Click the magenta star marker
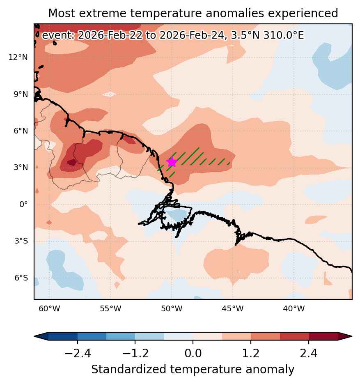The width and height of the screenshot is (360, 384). [x=172, y=162]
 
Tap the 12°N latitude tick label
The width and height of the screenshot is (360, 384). [x=18, y=57]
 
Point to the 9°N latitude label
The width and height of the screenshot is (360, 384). [x=21, y=94]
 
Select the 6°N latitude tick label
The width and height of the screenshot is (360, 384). [x=21, y=131]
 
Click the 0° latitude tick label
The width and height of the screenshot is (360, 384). [x=23, y=204]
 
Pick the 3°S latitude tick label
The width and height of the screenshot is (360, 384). [x=21, y=241]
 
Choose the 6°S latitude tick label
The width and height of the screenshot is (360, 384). [x=21, y=278]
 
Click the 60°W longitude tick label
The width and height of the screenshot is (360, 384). [x=49, y=308]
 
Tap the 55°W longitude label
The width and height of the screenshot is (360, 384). [x=110, y=308]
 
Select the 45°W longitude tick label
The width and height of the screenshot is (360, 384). [x=233, y=308]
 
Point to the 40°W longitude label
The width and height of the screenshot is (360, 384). [x=294, y=308]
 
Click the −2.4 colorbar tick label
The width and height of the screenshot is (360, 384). [x=78, y=353]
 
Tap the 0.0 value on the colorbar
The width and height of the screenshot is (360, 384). [x=193, y=353]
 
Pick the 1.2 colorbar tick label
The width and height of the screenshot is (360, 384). [x=251, y=353]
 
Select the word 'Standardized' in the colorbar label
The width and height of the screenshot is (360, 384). [x=129, y=369]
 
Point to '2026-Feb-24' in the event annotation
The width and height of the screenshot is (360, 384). [x=192, y=35]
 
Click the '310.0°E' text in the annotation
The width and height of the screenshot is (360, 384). [x=284, y=35]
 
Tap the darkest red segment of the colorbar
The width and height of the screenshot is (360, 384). [x=323, y=336]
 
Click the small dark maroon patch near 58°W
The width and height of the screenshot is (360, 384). [x=72, y=162]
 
